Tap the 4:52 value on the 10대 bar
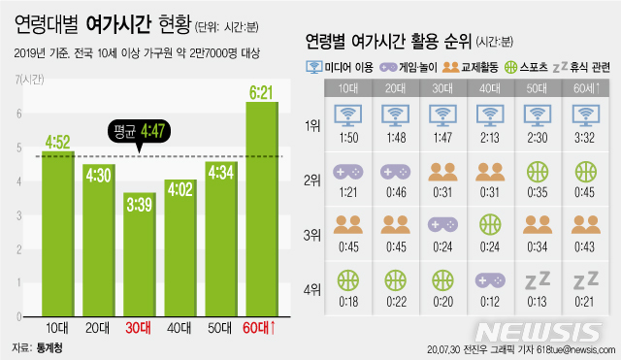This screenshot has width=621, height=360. tap(58, 142)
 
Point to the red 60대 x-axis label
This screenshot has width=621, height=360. tap(261, 326)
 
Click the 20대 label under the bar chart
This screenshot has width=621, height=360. tap(98, 326)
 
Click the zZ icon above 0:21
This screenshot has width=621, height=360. tap(585, 279)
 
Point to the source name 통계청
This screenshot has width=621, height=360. tap(49, 346)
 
